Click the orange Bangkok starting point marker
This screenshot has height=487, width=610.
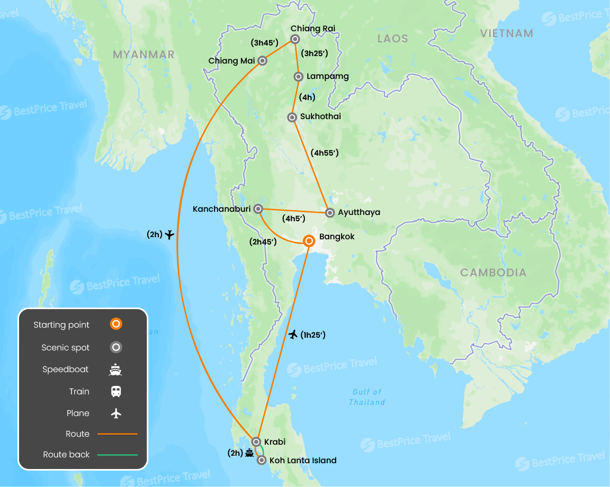[309, 241]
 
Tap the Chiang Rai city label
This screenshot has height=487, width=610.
[313, 29]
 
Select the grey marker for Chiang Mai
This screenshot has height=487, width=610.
[262, 61]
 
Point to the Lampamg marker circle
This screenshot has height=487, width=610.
[298, 77]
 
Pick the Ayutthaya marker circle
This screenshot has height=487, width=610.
[329, 213]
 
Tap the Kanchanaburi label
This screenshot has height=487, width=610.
[221, 209]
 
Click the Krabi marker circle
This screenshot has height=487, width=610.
[256, 441]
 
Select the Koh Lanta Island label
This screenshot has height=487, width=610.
[303, 461]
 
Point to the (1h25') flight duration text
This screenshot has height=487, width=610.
[312, 335]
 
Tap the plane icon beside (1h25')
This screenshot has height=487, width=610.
[293, 334]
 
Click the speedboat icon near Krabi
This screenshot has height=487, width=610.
[249, 453]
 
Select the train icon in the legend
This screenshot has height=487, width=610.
[116, 391]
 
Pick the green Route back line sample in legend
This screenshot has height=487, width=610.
[117, 455]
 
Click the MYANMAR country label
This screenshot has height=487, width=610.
[143, 55]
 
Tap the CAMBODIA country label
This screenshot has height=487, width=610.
[493, 273]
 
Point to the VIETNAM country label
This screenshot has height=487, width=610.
[506, 33]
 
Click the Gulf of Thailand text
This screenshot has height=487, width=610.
[367, 397]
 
